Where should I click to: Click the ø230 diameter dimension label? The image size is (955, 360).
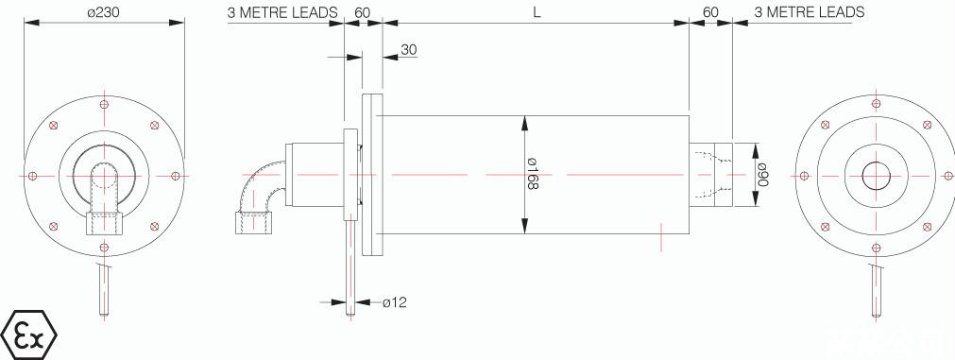[104, 11]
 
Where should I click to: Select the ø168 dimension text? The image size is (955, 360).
[533, 174]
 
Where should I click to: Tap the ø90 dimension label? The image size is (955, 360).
[762, 174]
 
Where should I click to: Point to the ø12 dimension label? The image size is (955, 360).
[395, 301]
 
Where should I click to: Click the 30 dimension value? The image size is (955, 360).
[409, 50]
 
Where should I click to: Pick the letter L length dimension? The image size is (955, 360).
[537, 12]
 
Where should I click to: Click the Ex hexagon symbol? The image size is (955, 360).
[29, 335]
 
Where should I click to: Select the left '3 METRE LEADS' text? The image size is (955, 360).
[282, 12]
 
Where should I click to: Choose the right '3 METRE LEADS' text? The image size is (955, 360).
[810, 12]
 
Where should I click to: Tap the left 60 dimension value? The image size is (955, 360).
[363, 12]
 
